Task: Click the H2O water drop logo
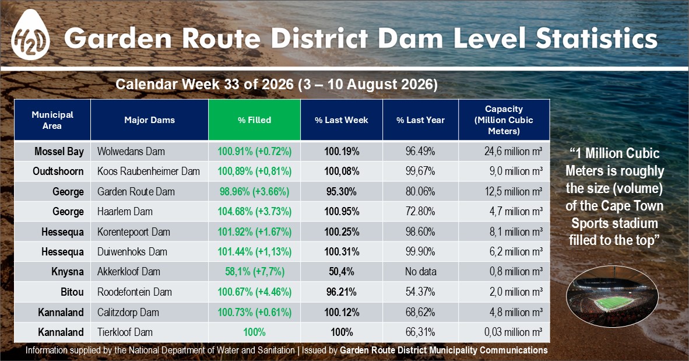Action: (30, 35)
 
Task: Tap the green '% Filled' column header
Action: (254, 120)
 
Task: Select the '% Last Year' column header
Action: (420, 120)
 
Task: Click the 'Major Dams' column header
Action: (149, 120)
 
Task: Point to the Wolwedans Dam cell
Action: (131, 151)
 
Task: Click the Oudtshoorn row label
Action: (58, 171)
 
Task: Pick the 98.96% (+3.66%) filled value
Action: (254, 191)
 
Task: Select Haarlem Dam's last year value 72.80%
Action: (420, 212)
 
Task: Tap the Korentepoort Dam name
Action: (133, 232)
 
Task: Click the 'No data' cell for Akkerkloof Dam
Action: (420, 272)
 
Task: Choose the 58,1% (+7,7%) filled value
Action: (254, 272)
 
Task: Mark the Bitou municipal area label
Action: (72, 292)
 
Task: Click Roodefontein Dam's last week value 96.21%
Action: (342, 292)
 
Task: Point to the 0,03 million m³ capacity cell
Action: (513, 332)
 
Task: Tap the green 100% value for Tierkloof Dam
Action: (254, 332)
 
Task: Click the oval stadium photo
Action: (612, 296)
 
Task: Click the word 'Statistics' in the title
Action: (596, 38)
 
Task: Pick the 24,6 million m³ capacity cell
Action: (513, 151)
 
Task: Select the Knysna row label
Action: (67, 272)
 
